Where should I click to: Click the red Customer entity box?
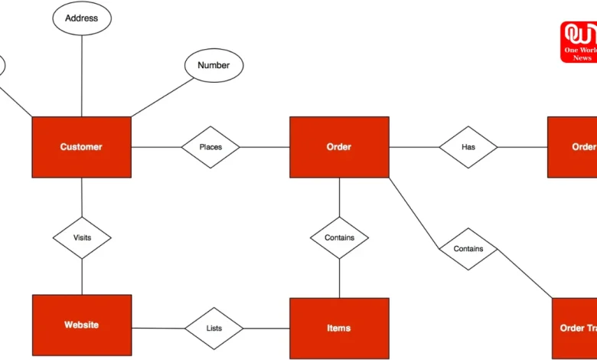81,146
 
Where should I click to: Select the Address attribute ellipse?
81,18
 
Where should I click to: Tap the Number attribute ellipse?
214,66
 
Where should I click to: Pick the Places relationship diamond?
210,147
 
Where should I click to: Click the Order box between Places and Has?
339,147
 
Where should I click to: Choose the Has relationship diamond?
468,147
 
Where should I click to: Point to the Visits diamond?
82,237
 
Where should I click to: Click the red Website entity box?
81,326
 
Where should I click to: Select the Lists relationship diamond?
214,329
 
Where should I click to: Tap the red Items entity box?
339,329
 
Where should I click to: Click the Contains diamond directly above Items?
339,237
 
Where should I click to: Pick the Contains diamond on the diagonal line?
468,249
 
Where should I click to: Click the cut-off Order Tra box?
574,329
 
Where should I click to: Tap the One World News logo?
578,41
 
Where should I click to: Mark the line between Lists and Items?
266,329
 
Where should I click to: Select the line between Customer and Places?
155,147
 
